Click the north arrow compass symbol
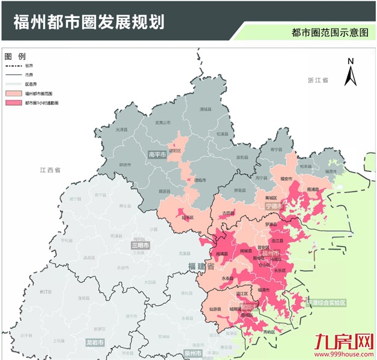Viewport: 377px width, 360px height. (x=350, y=72)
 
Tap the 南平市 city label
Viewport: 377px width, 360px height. (x=158, y=154)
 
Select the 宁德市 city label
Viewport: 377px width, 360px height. (x=274, y=206)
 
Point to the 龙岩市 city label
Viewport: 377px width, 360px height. (x=95, y=342)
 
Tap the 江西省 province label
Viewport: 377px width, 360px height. (x=49, y=171)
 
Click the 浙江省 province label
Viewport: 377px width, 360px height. (x=316, y=80)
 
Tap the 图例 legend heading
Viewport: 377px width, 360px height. (x=16, y=55)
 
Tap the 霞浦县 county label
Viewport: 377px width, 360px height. (x=312, y=189)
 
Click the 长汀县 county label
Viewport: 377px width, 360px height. (x=44, y=291)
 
